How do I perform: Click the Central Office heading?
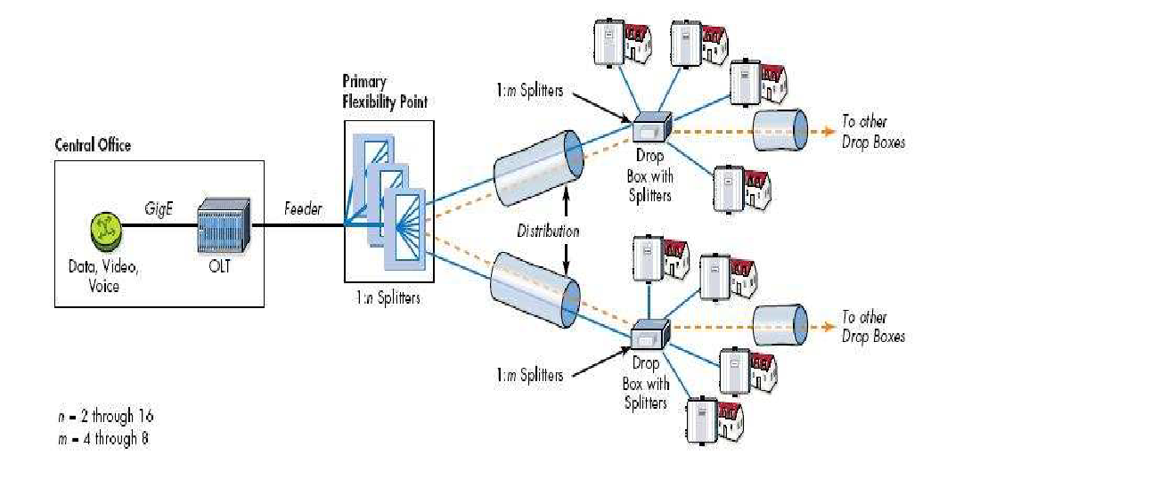coord(93,145)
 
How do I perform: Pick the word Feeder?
coord(303,209)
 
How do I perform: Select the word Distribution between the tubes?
coord(548,232)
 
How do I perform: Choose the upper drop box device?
coord(650,129)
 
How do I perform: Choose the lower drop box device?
coord(650,337)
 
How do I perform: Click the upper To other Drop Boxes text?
coord(872,132)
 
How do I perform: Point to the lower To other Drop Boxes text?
coord(872,327)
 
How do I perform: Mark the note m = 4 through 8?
coord(102,438)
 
